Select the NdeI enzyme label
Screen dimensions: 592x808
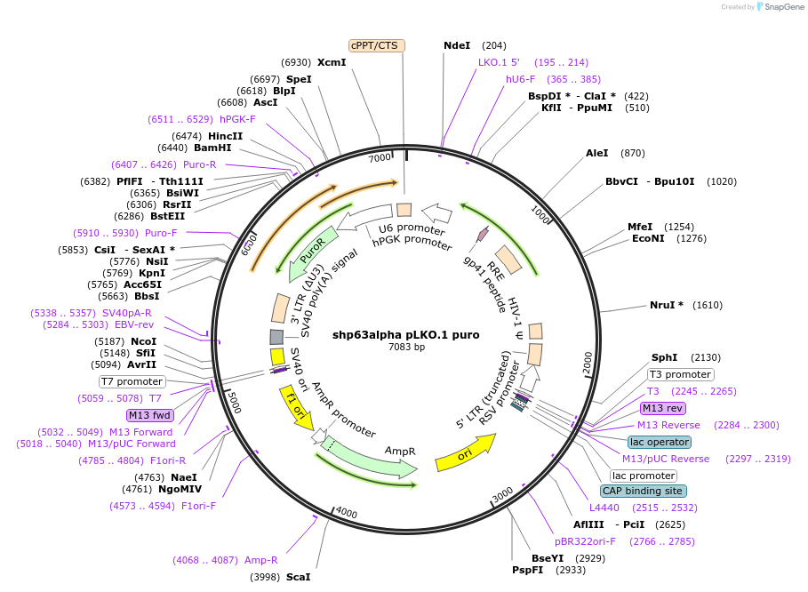click(457, 45)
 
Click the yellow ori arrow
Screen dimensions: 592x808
click(464, 452)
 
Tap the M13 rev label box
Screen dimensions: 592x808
click(663, 408)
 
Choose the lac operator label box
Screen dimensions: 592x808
click(660, 442)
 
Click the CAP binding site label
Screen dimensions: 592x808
click(644, 491)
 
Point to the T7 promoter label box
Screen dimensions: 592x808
click(132, 381)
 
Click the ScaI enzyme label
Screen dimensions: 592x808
click(298, 577)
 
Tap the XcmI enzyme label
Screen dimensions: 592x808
click(332, 62)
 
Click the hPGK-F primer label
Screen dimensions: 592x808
click(237, 119)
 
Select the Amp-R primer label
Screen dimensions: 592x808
click(261, 560)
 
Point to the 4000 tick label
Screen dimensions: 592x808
click(346, 514)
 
